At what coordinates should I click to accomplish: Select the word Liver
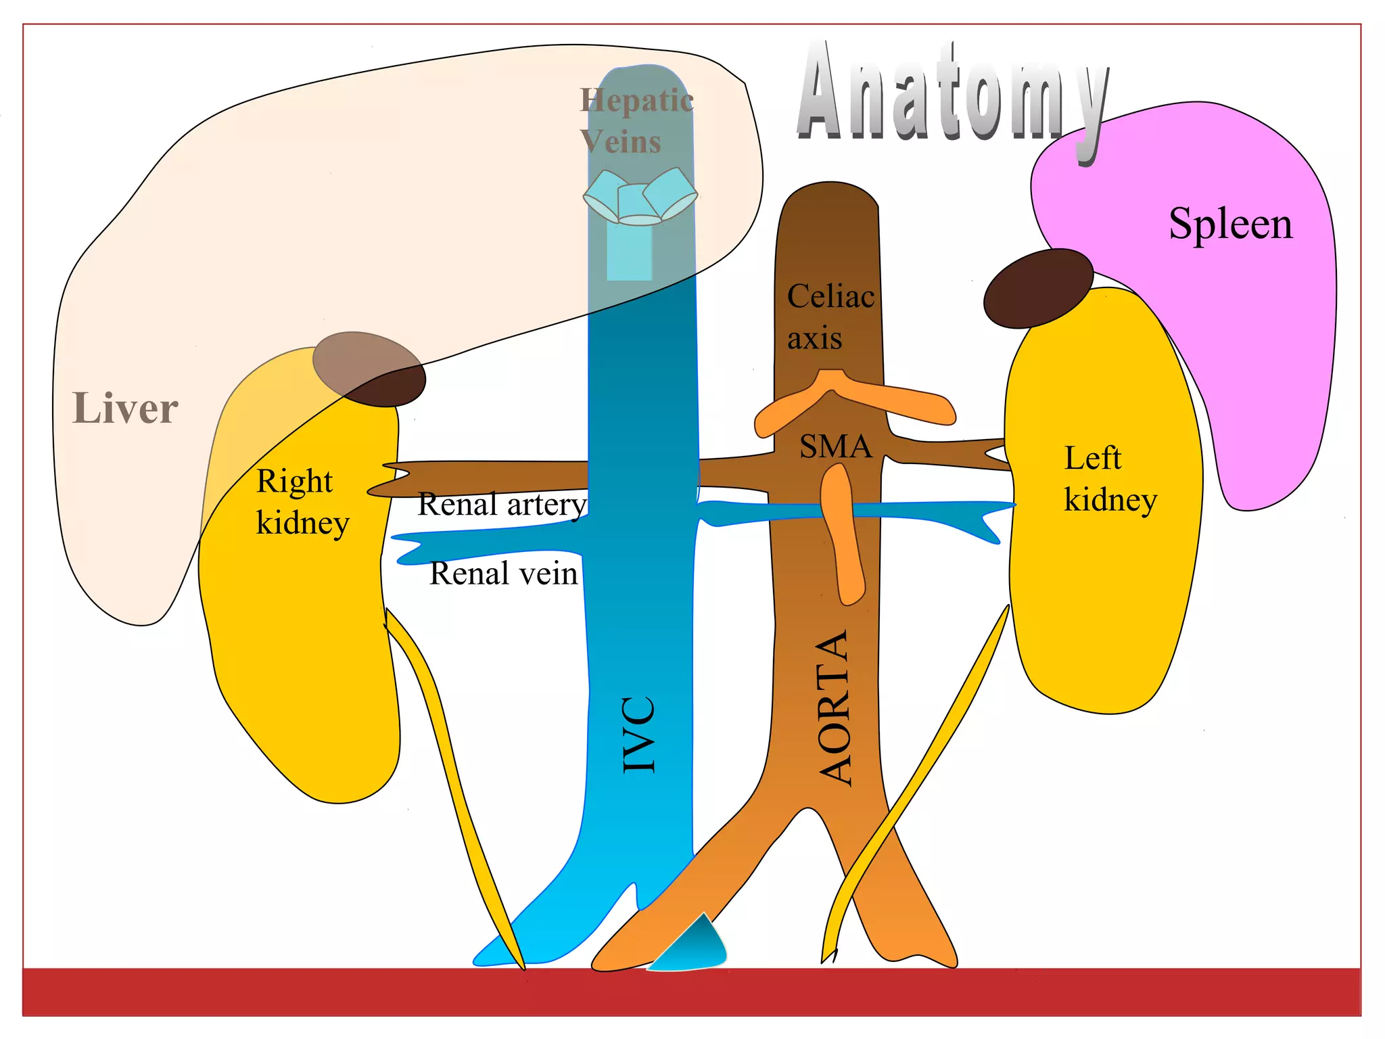click(125, 409)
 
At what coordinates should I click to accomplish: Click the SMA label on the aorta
click(835, 446)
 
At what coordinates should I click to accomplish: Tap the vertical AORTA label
click(834, 707)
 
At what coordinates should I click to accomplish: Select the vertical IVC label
click(638, 734)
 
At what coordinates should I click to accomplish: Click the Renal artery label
click(502, 505)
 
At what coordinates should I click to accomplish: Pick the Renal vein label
click(504, 574)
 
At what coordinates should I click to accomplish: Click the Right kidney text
click(302, 502)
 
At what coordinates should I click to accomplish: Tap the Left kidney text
click(1109, 479)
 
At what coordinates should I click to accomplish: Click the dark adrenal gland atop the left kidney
click(1037, 287)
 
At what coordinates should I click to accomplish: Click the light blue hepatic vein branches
click(640, 196)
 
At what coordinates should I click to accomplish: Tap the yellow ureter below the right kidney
click(453, 778)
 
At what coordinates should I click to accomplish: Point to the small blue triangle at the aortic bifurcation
click(697, 947)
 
